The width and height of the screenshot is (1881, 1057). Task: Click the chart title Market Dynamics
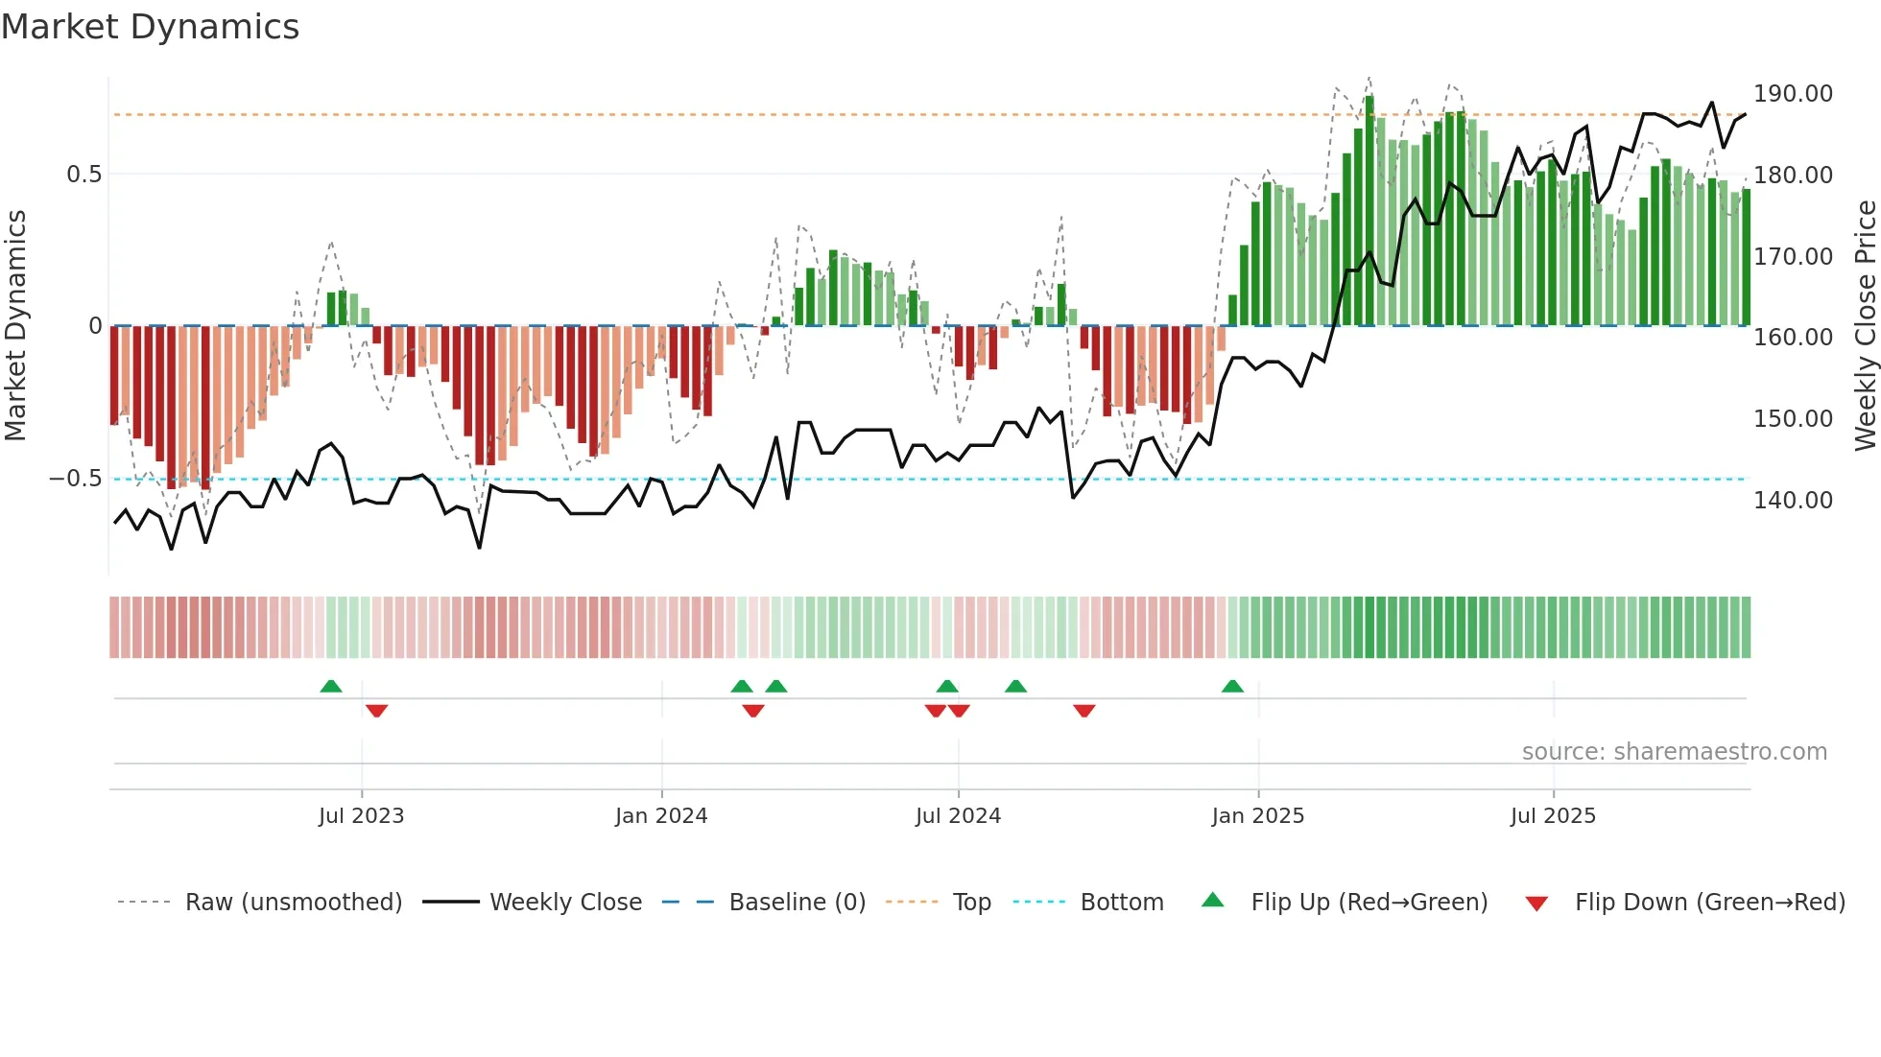[x=150, y=27]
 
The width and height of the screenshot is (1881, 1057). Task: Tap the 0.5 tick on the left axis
[x=83, y=175]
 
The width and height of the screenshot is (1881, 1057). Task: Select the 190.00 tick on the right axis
[x=1793, y=94]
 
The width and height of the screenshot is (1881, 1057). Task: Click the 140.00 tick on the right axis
[x=1793, y=500]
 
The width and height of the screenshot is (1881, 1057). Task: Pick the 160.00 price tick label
[x=1793, y=338]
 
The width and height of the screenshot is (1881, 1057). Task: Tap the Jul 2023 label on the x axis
[x=361, y=816]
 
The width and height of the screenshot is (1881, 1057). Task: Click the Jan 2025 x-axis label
[x=1257, y=816]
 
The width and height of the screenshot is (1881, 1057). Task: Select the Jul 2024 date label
[x=958, y=816]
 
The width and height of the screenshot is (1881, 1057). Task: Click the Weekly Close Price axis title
[x=1865, y=326]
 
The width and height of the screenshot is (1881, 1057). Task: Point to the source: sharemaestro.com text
[x=1674, y=752]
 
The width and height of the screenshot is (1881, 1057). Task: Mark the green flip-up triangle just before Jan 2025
[x=1232, y=686]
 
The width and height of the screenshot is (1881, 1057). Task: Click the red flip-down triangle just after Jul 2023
[x=376, y=711]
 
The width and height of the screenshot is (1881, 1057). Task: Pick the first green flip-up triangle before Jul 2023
[x=330, y=686]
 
